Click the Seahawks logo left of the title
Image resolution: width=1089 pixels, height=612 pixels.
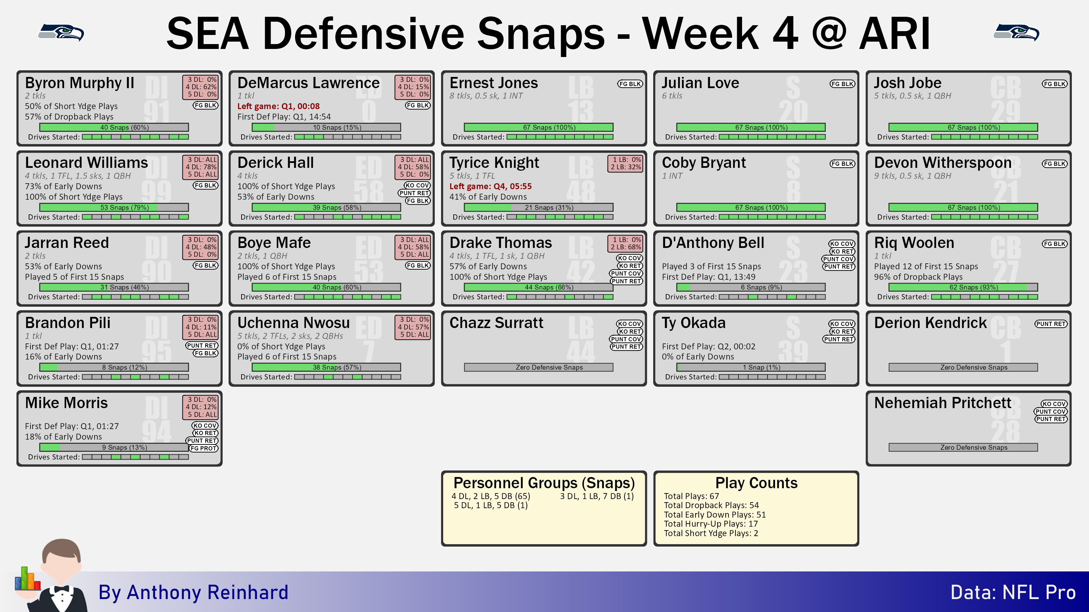click(x=61, y=33)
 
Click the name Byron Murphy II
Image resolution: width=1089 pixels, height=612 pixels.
click(x=79, y=83)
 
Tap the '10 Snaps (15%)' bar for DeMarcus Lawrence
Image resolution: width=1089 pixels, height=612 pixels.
click(x=326, y=127)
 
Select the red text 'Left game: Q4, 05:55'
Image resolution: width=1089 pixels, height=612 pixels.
click(x=490, y=186)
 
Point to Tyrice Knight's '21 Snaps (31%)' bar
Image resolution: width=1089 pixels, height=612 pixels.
click(x=539, y=207)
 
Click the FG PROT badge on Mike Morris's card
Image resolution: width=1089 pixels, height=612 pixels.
click(x=204, y=448)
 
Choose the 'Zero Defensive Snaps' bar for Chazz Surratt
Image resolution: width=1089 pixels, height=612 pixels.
click(x=539, y=368)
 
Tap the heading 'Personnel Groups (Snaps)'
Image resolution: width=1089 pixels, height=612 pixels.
click(x=544, y=483)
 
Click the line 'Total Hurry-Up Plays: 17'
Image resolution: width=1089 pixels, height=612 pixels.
click(x=711, y=524)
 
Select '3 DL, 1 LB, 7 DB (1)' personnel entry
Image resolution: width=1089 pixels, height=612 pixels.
click(x=597, y=496)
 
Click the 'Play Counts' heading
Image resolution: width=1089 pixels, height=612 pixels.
click(x=756, y=483)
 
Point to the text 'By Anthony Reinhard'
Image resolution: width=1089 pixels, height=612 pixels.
click(x=193, y=592)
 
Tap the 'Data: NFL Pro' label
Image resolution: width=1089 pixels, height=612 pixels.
click(x=1013, y=592)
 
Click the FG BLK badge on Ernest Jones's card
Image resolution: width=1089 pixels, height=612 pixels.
click(x=630, y=84)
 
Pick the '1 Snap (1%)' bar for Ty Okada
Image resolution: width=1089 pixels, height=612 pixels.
click(x=751, y=368)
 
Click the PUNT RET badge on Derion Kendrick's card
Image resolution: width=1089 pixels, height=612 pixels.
click(x=1051, y=324)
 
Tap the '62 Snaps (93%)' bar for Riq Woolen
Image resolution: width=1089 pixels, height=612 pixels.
click(x=963, y=287)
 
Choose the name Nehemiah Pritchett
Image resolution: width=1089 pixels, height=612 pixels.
click(x=943, y=403)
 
